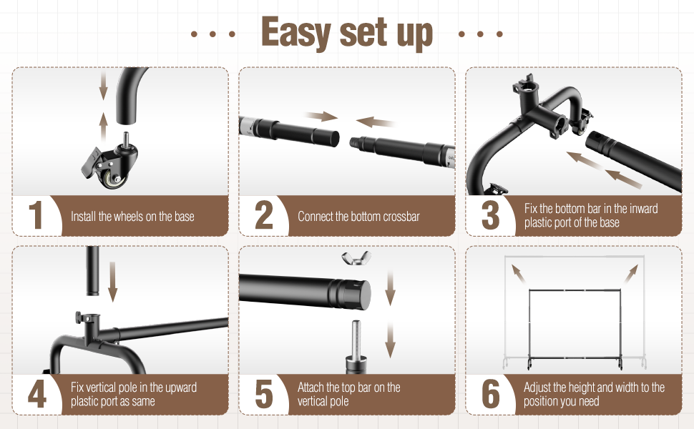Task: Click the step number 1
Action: click(x=36, y=217)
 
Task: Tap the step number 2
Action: click(x=264, y=217)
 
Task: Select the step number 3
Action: click(x=490, y=217)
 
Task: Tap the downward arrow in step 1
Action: click(x=103, y=87)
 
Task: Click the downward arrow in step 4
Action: click(x=112, y=282)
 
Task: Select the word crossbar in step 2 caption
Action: click(x=401, y=217)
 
